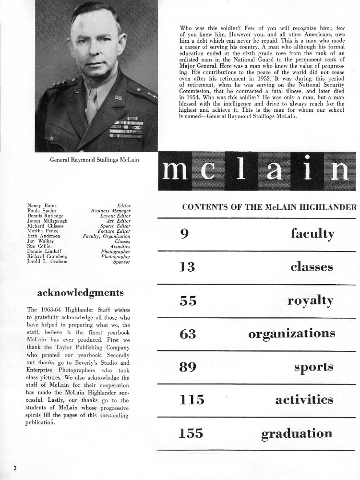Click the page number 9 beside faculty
pos(183,234)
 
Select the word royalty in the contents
pos(310,301)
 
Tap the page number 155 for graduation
pos(192,434)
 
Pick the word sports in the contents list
pos(314,368)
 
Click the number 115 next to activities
pos(192,400)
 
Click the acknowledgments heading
pos(80,293)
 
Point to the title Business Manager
pos(111,211)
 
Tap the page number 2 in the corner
pos(15,468)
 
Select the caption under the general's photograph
pos(95,160)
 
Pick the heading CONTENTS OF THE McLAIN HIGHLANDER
pos(269,207)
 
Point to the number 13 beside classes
pos(187,267)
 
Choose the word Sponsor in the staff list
pos(121,262)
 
